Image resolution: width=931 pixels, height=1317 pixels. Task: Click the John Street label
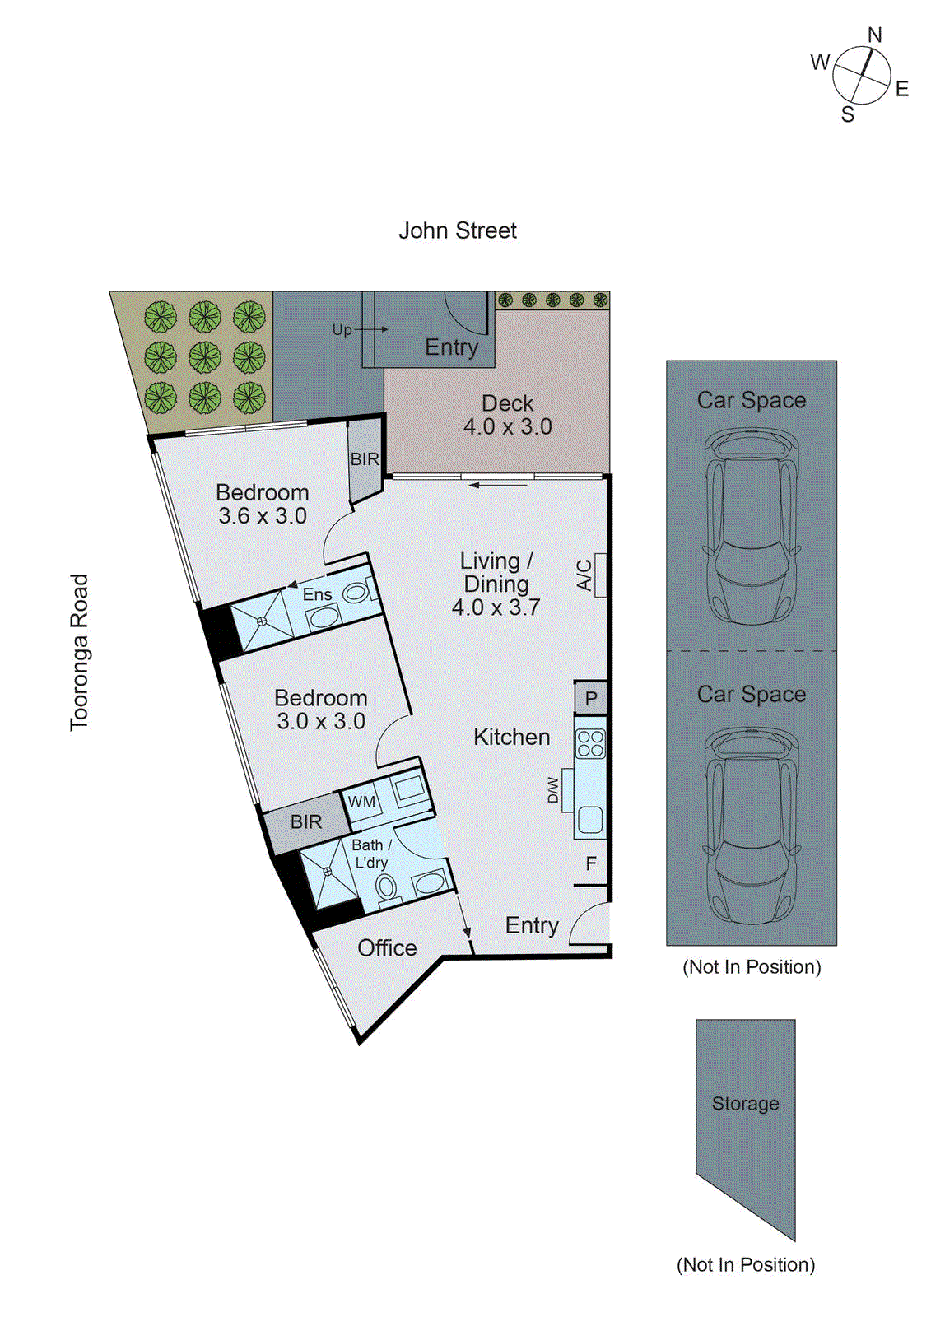click(x=458, y=231)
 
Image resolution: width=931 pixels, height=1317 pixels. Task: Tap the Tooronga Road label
click(x=79, y=652)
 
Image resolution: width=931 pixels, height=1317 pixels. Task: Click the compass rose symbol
click(x=861, y=75)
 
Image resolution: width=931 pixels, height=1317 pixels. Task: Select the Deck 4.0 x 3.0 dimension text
click(x=507, y=427)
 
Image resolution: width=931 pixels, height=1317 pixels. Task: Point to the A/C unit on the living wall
click(x=599, y=575)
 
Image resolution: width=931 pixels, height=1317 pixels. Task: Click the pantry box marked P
click(x=591, y=699)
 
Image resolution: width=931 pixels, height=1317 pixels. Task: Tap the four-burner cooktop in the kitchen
click(x=590, y=743)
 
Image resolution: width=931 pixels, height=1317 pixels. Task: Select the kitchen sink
click(x=590, y=819)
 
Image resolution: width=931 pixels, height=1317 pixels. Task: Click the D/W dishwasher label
click(x=553, y=790)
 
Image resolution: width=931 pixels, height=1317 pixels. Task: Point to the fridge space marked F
click(x=591, y=863)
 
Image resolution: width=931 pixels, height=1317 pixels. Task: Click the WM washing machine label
click(x=361, y=802)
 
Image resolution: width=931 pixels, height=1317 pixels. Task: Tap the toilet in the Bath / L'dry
click(x=385, y=887)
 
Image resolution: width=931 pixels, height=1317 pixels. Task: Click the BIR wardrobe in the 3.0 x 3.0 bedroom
click(x=305, y=821)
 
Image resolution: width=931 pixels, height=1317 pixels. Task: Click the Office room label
click(x=387, y=948)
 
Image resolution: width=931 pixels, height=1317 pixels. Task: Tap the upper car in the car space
click(x=751, y=527)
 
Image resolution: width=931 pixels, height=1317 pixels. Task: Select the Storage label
click(x=745, y=1104)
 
